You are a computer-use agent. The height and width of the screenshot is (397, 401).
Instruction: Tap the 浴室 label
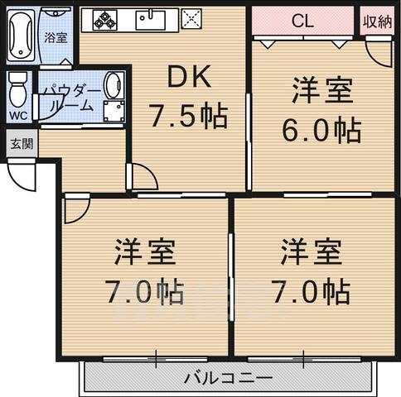pos(56,37)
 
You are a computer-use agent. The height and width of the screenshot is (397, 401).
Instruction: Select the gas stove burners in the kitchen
pos(105,20)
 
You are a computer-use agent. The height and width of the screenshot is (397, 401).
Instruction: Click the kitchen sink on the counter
pos(151,20)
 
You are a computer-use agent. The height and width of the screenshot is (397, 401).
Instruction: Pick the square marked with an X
pos(191,20)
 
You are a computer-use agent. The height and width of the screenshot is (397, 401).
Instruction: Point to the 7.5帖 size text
pos(188,117)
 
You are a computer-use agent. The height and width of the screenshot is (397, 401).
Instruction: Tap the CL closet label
pos(302,22)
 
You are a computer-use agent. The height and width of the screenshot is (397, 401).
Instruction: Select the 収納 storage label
pos(377,22)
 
